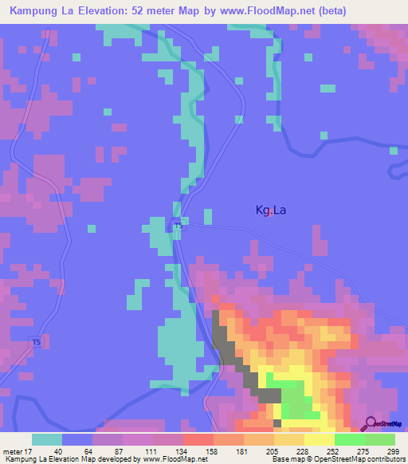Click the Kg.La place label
tap(270, 210)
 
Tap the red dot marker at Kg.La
tap(272, 212)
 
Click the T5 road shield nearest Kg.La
tap(178, 226)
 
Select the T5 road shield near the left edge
tap(36, 342)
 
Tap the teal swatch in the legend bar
tap(47, 439)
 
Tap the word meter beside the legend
tap(10, 451)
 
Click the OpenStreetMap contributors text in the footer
tap(362, 460)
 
